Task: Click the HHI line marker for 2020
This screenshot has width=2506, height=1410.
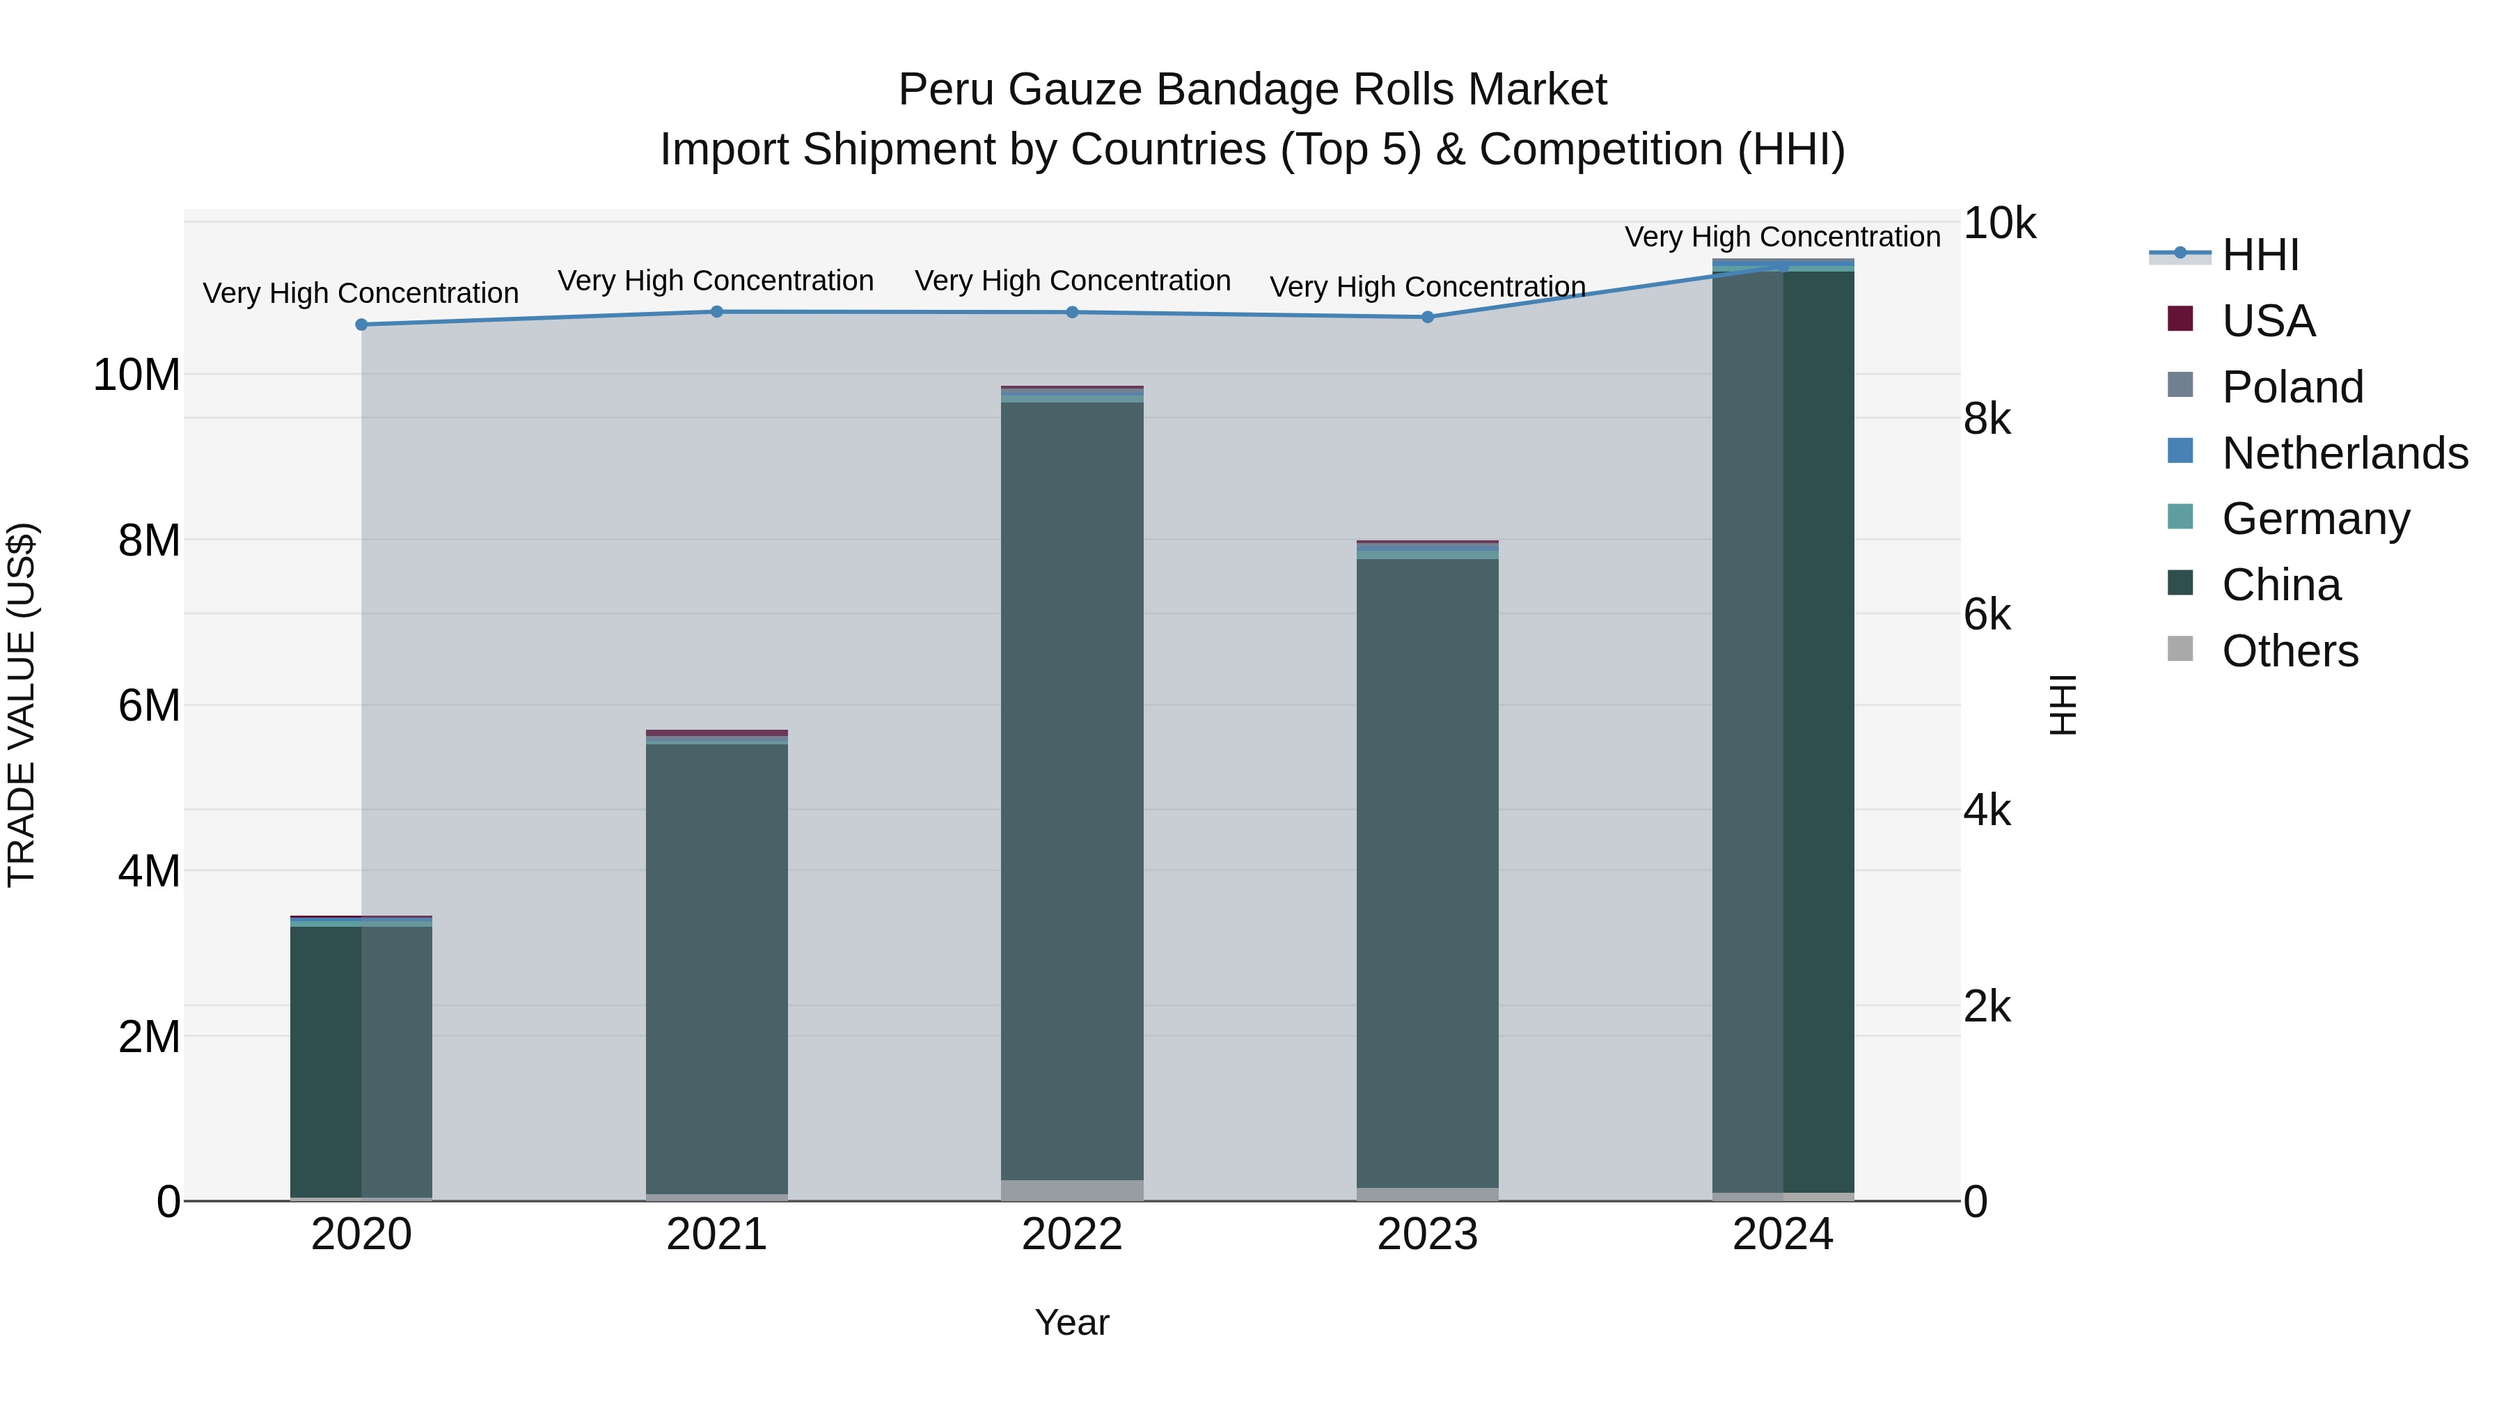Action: pyautogui.click(x=361, y=324)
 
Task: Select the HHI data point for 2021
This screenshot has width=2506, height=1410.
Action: pyautogui.click(x=717, y=311)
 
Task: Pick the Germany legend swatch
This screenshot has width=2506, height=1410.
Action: pyautogui.click(x=2181, y=517)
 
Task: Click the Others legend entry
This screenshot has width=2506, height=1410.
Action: pyautogui.click(x=2289, y=651)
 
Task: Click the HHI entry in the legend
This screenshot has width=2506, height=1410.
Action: pyautogui.click(x=2260, y=255)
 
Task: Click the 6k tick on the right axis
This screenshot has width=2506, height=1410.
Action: pyautogui.click(x=1987, y=615)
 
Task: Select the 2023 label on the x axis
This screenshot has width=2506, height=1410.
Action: pyautogui.click(x=1427, y=1235)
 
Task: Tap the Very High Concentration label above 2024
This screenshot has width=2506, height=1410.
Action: pyautogui.click(x=1782, y=237)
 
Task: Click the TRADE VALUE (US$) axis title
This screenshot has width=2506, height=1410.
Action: pyautogui.click(x=22, y=705)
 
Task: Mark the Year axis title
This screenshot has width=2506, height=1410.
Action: pyautogui.click(x=1072, y=1322)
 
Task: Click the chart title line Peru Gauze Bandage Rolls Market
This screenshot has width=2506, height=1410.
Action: pyautogui.click(x=1252, y=90)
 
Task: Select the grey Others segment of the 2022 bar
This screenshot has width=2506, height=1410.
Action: pyautogui.click(x=1072, y=1189)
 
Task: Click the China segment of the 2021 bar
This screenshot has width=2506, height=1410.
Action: pyautogui.click(x=717, y=969)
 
